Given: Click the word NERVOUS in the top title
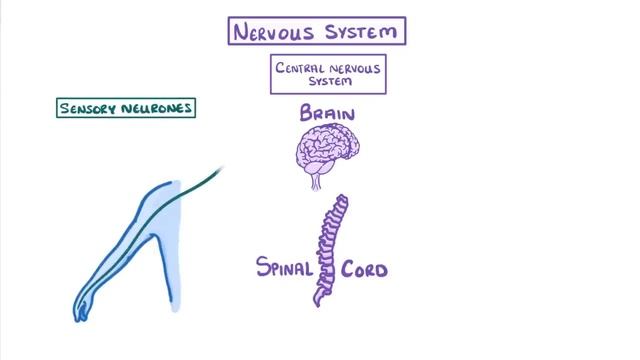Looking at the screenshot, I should coord(278,31).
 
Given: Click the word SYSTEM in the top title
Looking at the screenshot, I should coord(362,31).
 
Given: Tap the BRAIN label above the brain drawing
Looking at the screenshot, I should coord(328,115).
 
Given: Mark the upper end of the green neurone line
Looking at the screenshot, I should coord(221,168).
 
